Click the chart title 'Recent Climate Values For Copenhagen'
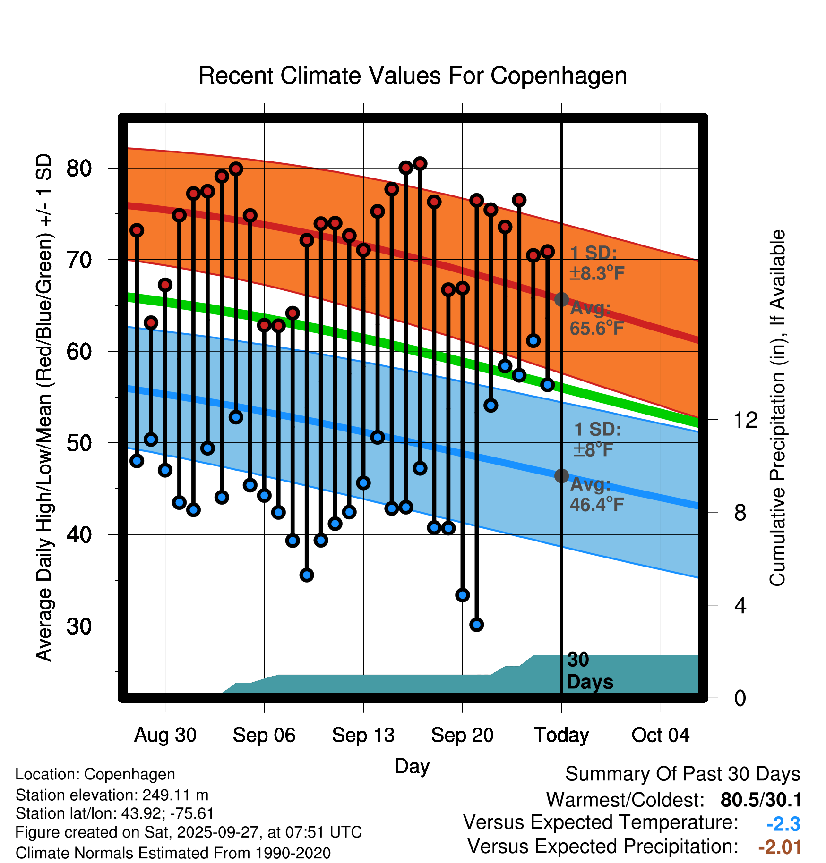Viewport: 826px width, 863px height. [x=413, y=76]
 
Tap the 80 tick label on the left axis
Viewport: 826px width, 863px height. [x=79, y=168]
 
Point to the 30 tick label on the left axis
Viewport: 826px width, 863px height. [x=79, y=626]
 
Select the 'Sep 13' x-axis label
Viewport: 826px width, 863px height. [x=363, y=735]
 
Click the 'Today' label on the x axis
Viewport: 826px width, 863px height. [x=561, y=735]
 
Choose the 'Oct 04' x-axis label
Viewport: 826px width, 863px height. [x=660, y=735]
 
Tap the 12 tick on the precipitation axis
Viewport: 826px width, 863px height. [x=745, y=420]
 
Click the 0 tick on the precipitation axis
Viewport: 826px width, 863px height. [x=740, y=698]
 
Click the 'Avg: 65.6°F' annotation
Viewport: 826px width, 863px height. [x=597, y=318]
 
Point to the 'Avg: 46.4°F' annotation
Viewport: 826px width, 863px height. [x=597, y=495]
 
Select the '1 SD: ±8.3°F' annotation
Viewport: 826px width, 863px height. [x=597, y=263]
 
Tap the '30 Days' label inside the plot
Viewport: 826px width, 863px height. [x=589, y=671]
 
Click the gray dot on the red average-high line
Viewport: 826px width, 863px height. [x=561, y=299]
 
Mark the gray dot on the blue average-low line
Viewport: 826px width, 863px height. [x=561, y=475]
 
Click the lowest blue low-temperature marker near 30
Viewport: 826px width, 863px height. [x=476, y=625]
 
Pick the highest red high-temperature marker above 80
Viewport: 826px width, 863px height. [x=420, y=164]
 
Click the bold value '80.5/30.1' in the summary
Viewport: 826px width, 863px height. [x=761, y=800]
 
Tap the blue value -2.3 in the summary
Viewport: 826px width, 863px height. [x=783, y=824]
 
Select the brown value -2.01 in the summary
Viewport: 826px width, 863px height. [x=780, y=847]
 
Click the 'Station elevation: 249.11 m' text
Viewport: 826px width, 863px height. [x=112, y=795]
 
